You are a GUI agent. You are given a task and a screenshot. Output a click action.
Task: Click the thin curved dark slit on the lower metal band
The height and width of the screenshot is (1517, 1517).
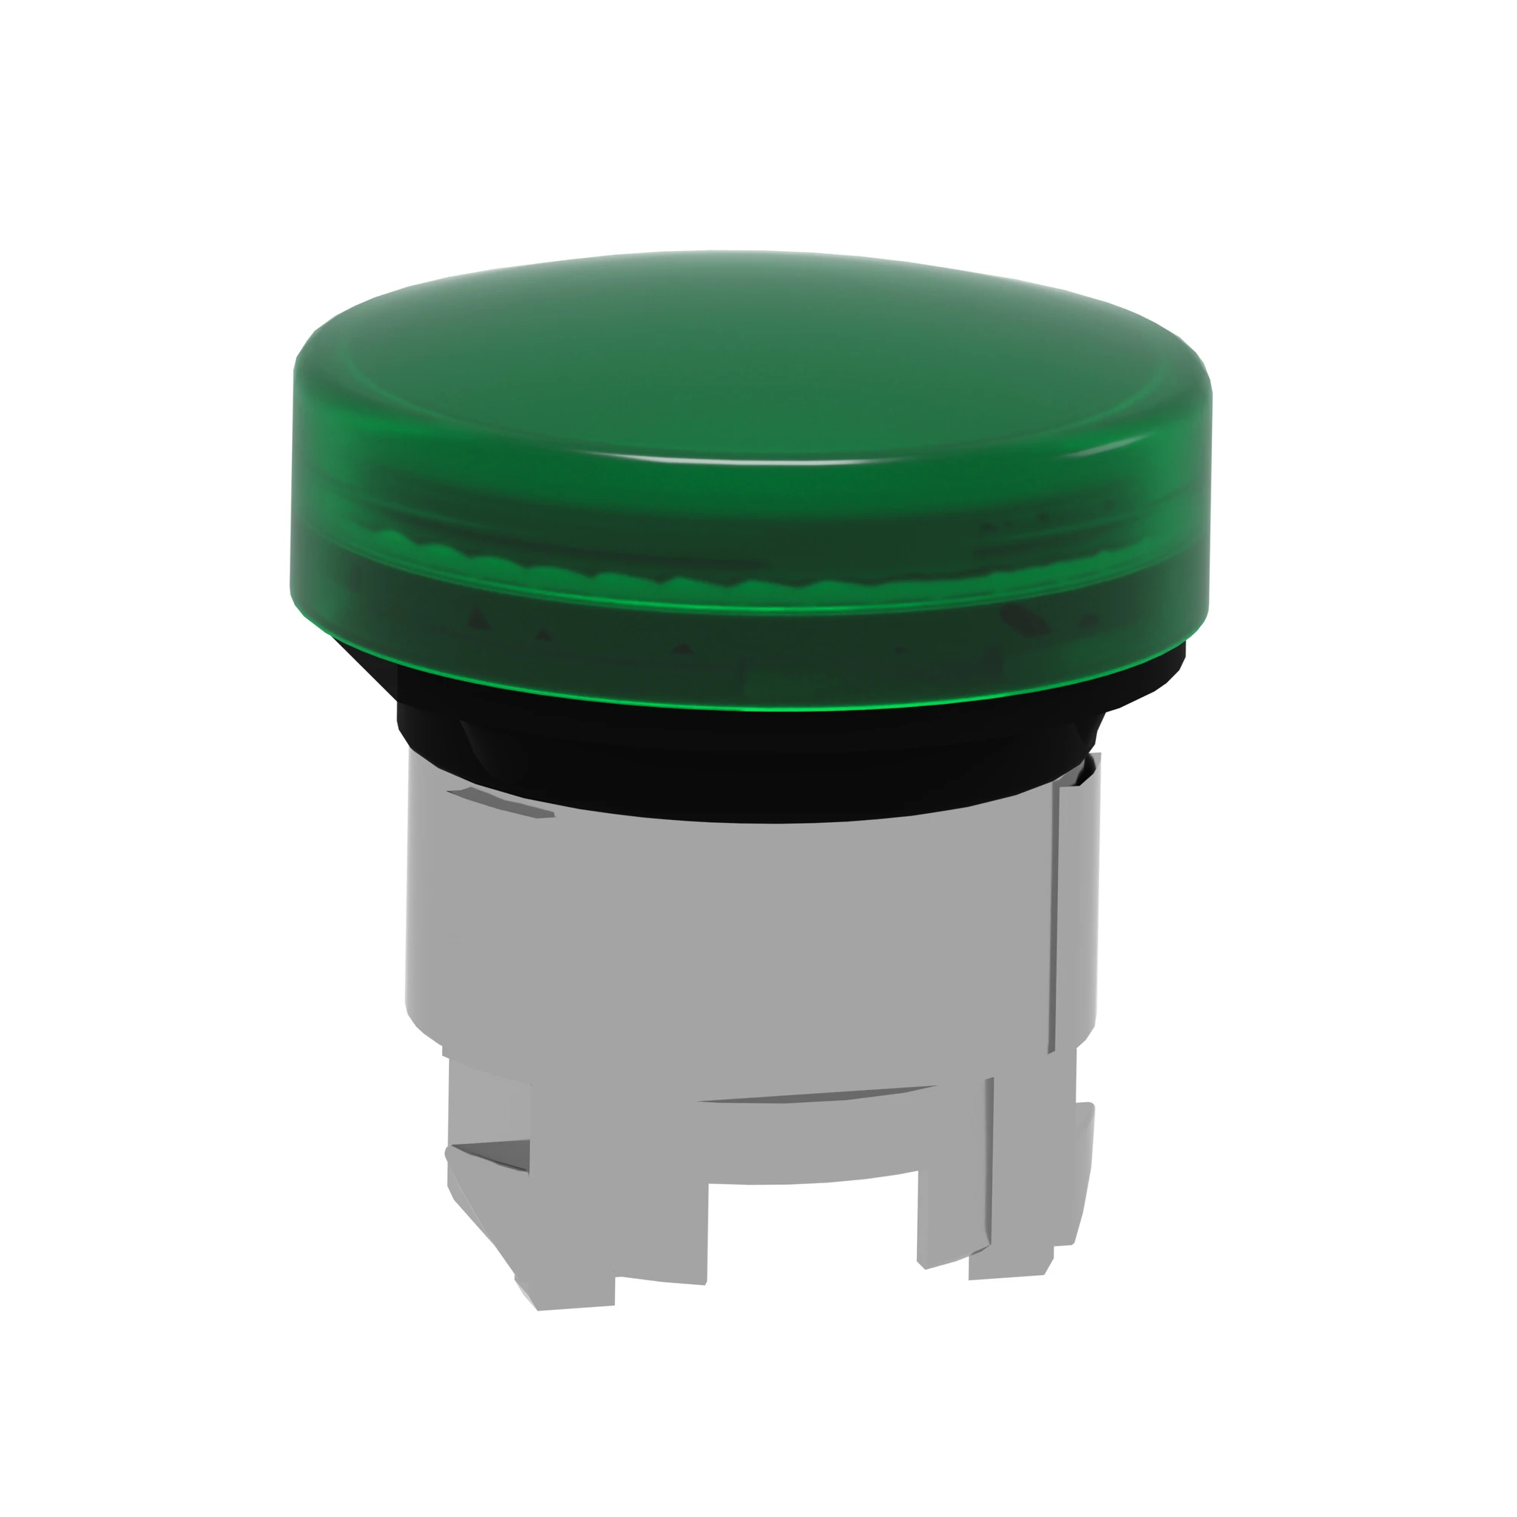point(817,1095)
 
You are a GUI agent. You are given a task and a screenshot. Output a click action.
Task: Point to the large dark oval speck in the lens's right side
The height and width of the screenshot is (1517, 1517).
point(1025,620)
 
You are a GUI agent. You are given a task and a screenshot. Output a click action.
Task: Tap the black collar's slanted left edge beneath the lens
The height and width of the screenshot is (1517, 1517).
point(365,667)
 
